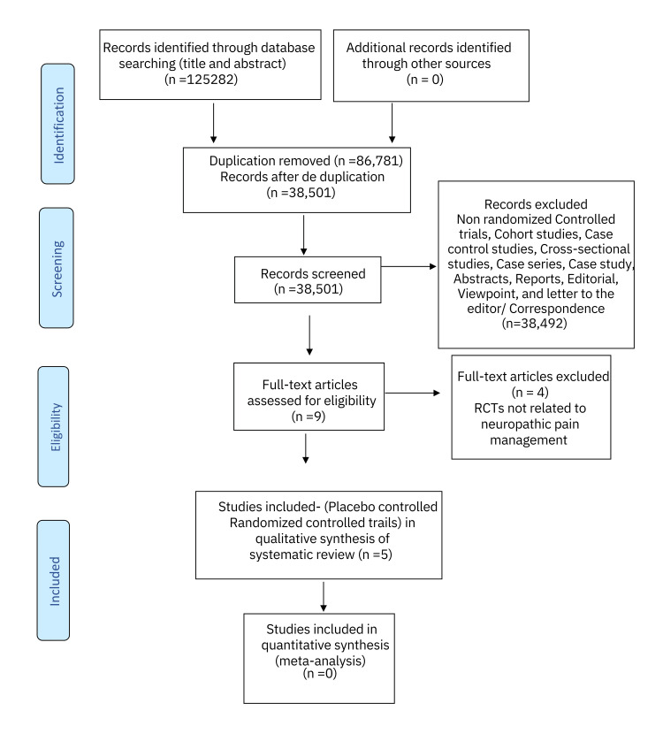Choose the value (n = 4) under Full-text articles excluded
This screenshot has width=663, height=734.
coord(530,393)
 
